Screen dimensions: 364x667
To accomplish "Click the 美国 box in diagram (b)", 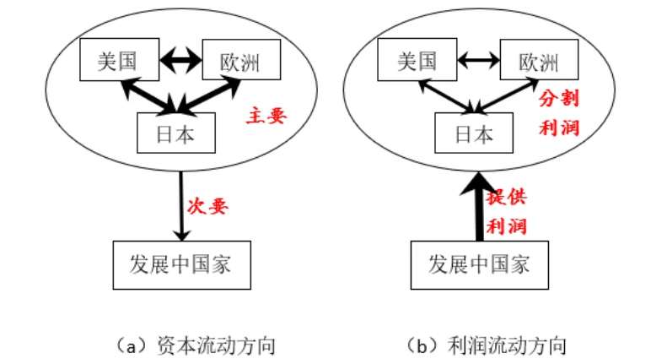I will (417, 62).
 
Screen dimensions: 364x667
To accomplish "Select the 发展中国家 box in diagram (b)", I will (479, 263).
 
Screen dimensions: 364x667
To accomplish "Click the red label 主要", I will (266, 117).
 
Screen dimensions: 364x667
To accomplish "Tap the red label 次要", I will (207, 206).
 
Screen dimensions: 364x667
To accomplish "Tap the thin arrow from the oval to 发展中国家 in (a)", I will (180, 203).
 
